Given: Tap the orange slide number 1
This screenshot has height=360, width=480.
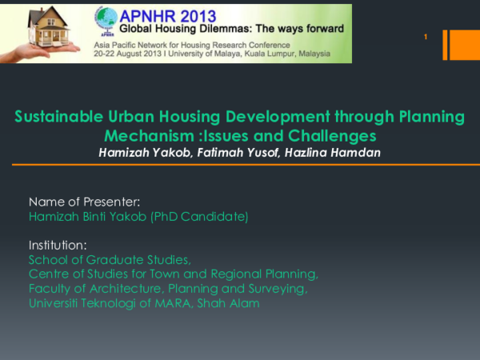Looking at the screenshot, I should click(426, 38).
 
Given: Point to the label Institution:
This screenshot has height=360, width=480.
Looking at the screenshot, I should click(58, 245).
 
